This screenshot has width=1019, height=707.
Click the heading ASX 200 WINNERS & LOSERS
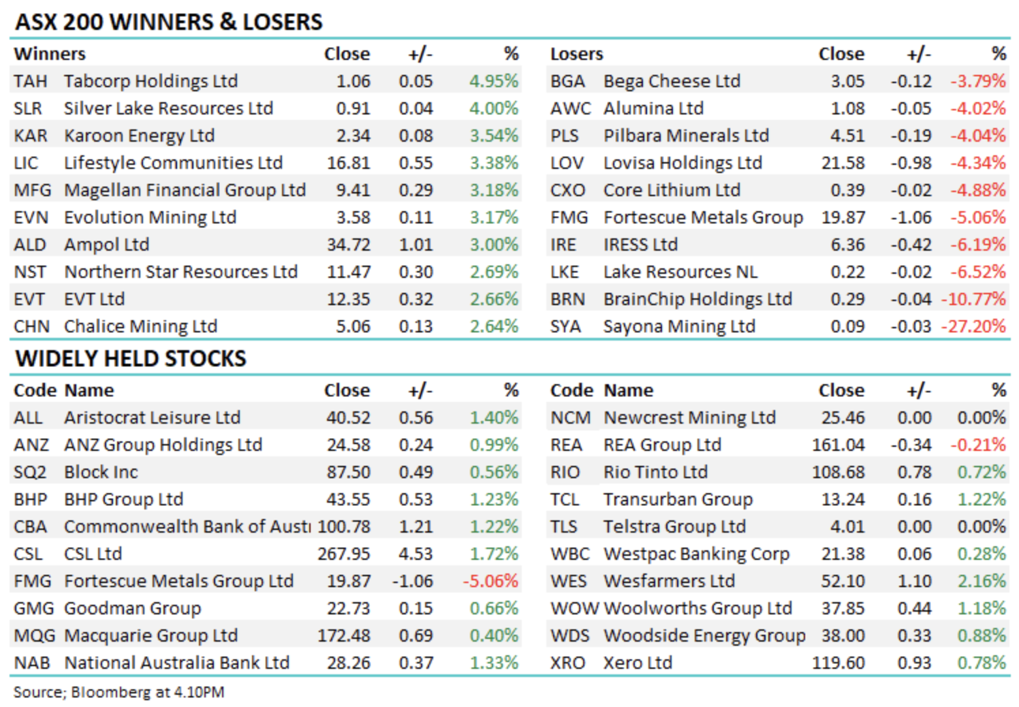click(x=169, y=22)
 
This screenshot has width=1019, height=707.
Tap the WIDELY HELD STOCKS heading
click(x=131, y=358)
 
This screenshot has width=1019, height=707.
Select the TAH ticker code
click(x=31, y=81)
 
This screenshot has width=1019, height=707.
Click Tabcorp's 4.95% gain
click(x=494, y=81)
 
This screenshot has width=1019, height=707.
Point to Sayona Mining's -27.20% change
click(x=973, y=326)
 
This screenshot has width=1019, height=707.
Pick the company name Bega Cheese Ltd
click(x=672, y=81)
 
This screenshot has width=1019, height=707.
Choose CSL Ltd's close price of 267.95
click(x=344, y=554)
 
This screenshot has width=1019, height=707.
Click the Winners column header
click(x=50, y=54)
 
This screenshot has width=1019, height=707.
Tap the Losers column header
click(x=577, y=54)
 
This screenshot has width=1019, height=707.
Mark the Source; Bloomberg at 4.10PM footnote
click(x=119, y=692)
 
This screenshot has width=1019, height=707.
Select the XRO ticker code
click(x=568, y=663)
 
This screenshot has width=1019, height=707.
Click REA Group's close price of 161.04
click(x=838, y=445)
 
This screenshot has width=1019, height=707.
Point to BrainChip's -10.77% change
click(x=973, y=299)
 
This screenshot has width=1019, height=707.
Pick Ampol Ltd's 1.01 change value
click(x=416, y=245)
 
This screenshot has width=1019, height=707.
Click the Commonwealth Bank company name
click(x=187, y=527)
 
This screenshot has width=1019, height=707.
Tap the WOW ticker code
click(x=574, y=608)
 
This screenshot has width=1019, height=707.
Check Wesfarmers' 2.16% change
click(x=982, y=581)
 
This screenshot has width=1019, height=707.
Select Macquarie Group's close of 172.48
click(x=344, y=635)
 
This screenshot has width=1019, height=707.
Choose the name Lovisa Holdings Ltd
click(x=683, y=163)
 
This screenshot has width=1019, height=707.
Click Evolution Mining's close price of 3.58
click(x=353, y=217)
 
